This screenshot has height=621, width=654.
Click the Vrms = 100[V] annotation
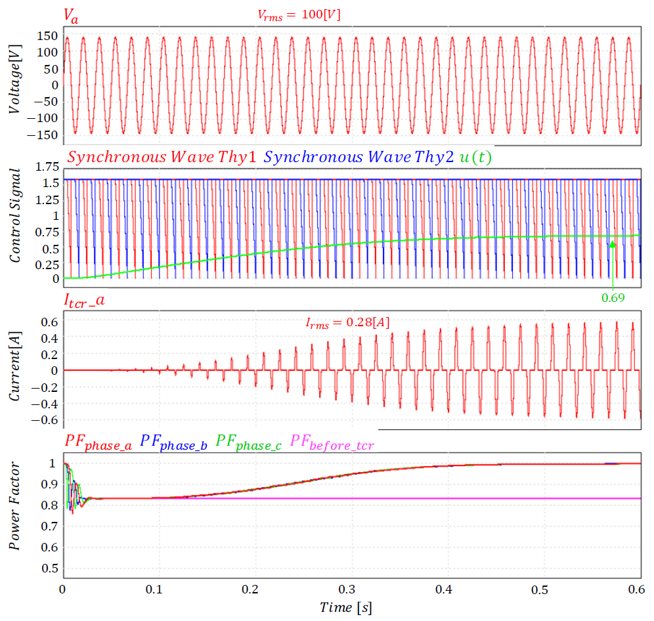coord(299,14)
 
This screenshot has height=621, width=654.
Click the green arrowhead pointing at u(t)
coord(613,245)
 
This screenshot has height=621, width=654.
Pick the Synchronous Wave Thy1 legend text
coord(163,158)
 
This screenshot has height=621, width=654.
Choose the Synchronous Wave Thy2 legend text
coord(359,158)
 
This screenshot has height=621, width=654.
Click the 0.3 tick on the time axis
coord(250,589)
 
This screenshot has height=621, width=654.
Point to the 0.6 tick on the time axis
coord(634,589)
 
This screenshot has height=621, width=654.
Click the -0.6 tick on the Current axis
coord(45,419)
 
